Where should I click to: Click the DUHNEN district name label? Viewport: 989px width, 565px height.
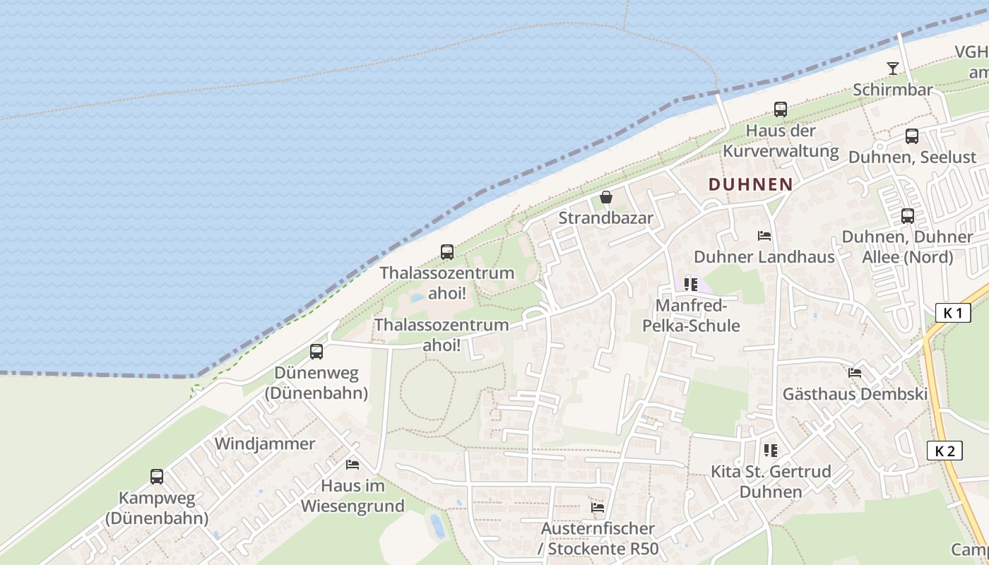(x=750, y=184)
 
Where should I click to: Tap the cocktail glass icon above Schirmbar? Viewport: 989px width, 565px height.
(x=893, y=69)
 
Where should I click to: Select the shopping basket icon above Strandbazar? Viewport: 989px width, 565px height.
(x=605, y=197)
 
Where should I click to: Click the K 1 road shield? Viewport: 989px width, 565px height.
(x=952, y=312)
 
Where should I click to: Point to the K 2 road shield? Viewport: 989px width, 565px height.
(x=944, y=451)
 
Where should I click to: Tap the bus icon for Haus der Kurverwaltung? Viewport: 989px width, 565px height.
(x=781, y=109)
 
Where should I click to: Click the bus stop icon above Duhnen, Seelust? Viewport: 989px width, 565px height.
(x=912, y=136)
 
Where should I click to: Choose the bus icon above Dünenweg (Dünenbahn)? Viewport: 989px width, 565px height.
(x=316, y=351)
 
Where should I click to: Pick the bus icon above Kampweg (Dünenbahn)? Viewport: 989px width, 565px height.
(x=157, y=477)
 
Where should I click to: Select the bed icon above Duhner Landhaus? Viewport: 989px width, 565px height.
(x=764, y=236)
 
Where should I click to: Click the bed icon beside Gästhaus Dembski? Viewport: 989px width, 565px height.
(x=855, y=372)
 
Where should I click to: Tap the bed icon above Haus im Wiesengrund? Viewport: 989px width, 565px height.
(x=353, y=464)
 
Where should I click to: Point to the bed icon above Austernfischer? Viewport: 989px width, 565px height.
(x=598, y=507)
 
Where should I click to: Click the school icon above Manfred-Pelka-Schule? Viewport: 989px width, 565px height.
(x=690, y=285)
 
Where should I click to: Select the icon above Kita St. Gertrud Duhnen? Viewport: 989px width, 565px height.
(x=770, y=450)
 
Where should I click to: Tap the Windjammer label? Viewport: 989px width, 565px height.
(x=265, y=444)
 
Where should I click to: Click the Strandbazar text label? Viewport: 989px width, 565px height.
(x=606, y=218)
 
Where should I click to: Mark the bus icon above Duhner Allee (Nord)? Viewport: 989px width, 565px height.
(x=908, y=216)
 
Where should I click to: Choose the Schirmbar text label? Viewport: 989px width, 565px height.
(x=893, y=90)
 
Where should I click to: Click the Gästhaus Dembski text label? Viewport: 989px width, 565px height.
(x=855, y=394)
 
